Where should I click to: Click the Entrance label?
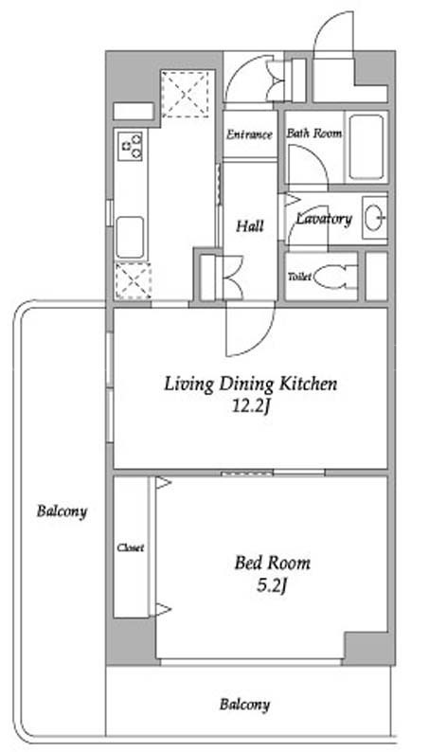point(249,134)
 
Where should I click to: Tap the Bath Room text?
point(314,134)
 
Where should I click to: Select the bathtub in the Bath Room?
point(366,147)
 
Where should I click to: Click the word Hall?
point(250,225)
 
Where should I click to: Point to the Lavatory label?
point(324,219)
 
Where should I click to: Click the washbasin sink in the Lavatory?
point(375,218)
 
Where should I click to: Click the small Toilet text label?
point(299,277)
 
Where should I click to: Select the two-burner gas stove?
point(130,146)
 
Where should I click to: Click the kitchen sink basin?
point(130,238)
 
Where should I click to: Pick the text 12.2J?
point(249,407)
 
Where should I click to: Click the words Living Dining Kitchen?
point(251,385)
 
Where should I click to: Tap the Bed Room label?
point(272,563)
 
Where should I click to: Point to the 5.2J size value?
point(272,586)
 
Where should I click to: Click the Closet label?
point(131,547)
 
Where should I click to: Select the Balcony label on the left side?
point(63,511)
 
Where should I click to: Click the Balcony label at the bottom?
point(245,705)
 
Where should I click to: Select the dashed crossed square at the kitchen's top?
point(186,94)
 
